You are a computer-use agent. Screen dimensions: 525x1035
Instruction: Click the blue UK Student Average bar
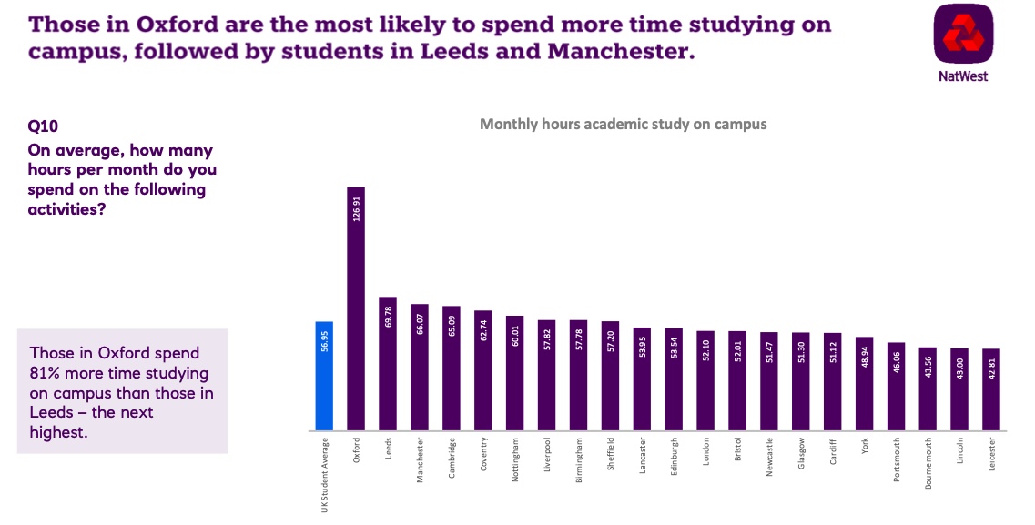(324, 376)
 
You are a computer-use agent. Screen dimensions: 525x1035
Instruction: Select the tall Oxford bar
(356, 309)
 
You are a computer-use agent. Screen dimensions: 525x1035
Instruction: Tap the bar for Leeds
(388, 364)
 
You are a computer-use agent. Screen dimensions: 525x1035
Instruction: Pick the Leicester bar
(991, 389)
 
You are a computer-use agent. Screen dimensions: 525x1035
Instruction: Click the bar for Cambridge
(452, 369)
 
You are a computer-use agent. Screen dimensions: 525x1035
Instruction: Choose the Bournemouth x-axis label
(928, 463)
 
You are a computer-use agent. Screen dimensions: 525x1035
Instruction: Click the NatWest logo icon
(963, 35)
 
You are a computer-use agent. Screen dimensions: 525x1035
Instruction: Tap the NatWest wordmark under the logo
(963, 76)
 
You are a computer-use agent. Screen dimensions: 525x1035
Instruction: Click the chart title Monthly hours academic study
(623, 124)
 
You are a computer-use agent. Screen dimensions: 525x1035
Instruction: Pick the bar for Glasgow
(801, 382)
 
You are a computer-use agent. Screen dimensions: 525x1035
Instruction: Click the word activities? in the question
(68, 209)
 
